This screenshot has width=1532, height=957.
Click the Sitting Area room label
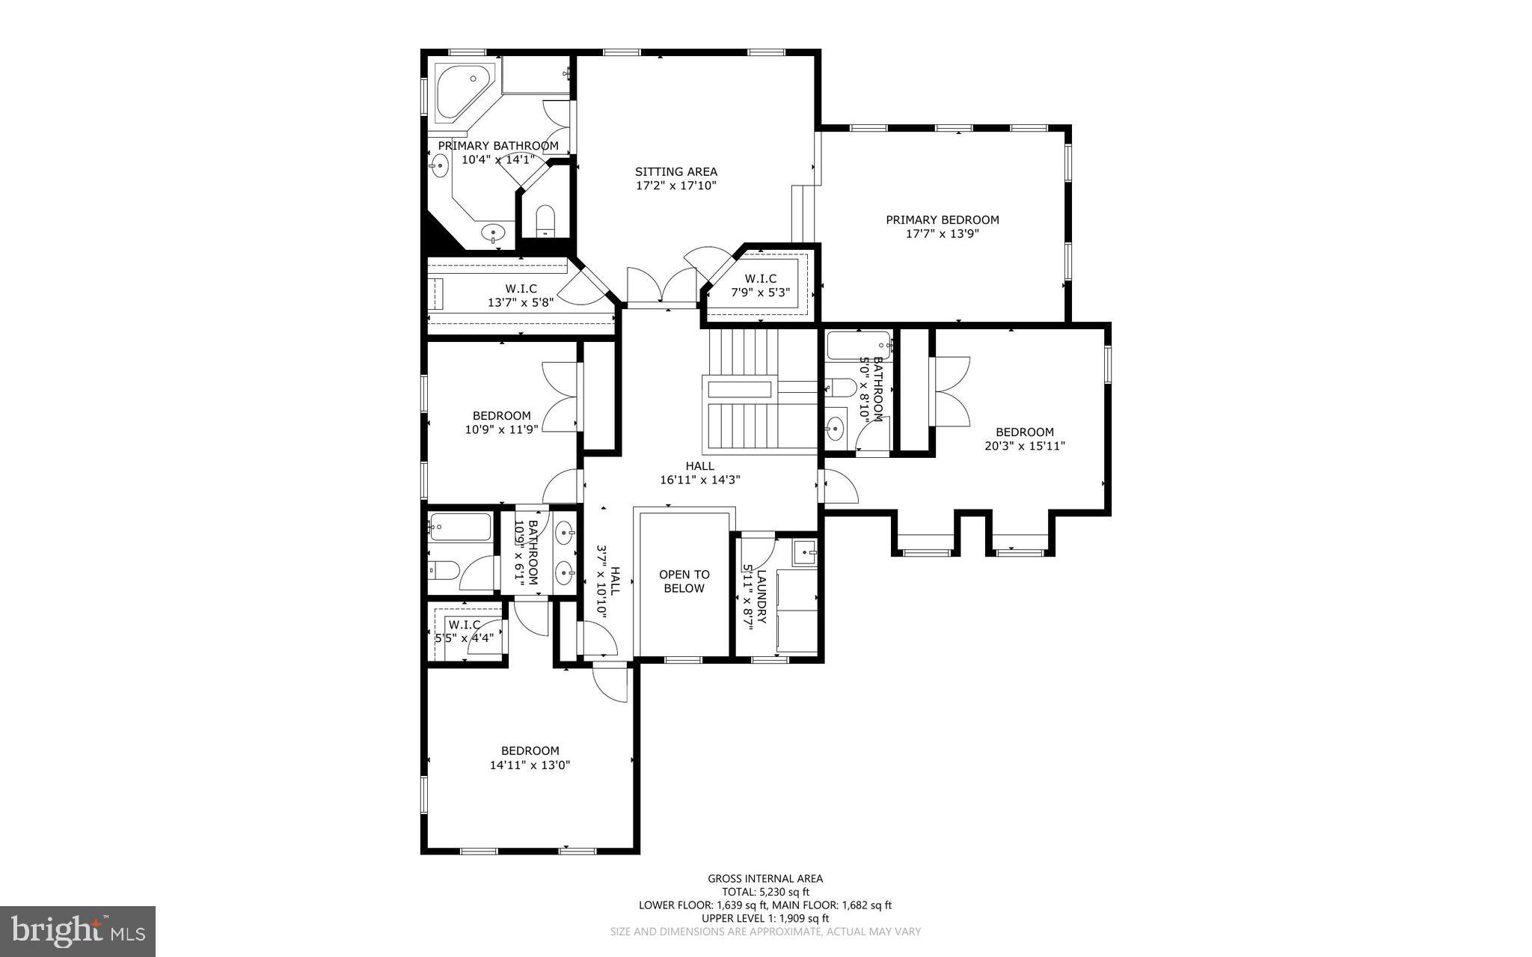point(675,172)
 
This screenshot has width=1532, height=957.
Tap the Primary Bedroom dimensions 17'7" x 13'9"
point(942,233)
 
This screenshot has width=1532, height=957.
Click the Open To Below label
point(684,581)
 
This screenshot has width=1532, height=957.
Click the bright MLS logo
point(78,931)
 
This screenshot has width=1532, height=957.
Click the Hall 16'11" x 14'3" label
point(699,473)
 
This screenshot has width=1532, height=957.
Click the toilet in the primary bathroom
point(545,219)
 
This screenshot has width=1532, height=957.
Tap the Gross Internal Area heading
point(765,878)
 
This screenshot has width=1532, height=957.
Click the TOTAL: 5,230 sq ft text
point(765,892)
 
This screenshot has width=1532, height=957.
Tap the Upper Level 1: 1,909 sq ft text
point(765,918)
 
